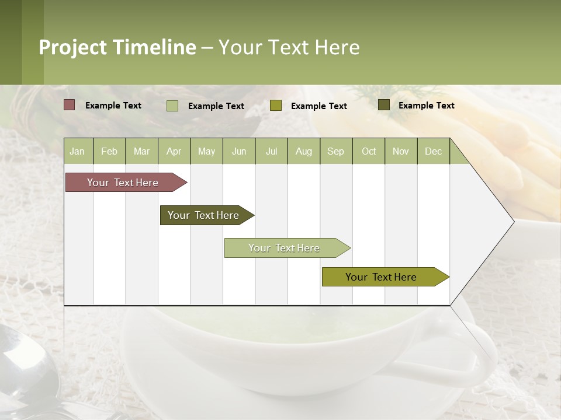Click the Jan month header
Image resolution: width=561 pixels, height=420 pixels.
coord(77,151)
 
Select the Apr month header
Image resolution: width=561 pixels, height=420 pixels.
coord(174,151)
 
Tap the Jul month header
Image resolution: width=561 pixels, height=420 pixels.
coord(271,151)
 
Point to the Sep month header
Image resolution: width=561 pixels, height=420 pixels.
coord(335,151)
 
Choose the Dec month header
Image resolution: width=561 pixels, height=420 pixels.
coord(433,151)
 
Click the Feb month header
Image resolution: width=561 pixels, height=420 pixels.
coord(109,151)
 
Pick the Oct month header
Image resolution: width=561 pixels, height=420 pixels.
coord(369,151)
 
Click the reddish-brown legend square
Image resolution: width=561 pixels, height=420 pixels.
coord(69,105)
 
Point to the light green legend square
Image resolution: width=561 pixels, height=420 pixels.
coord(172,106)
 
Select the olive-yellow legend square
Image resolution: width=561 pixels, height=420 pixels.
coord(276,106)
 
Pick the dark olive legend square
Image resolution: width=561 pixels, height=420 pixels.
coord(383,105)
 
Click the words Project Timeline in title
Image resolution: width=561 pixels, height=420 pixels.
coord(117,47)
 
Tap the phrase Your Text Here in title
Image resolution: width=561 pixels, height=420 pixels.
coord(289,47)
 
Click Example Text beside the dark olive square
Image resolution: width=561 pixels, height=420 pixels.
coord(426,105)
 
